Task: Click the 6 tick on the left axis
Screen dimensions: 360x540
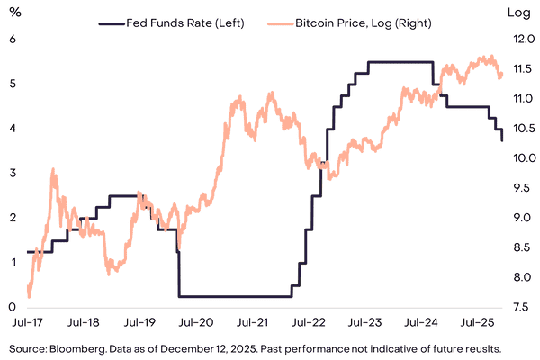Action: [13, 40]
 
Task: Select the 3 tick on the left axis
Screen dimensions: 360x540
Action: [13, 173]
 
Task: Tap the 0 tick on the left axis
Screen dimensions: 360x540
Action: [13, 306]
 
